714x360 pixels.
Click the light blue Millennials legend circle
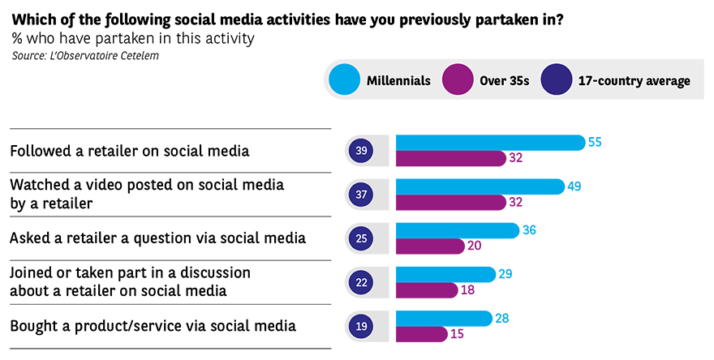coord(344,81)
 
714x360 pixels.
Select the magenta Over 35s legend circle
coord(457,81)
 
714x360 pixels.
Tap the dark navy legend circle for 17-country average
coord(558,81)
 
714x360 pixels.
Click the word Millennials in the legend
coord(398,82)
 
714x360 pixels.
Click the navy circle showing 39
coord(361,151)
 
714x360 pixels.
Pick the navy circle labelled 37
coord(361,195)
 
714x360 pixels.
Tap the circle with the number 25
coord(361,239)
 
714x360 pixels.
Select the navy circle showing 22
coord(361,283)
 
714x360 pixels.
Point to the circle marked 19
coord(361,327)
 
